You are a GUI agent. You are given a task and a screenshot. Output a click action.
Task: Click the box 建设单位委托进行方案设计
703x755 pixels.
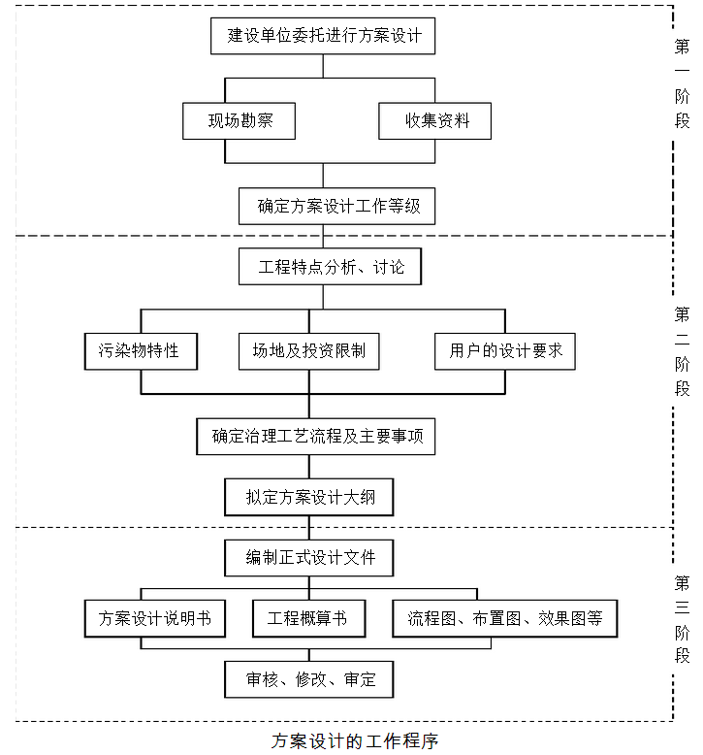point(323,36)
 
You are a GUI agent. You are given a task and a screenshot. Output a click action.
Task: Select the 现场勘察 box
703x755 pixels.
point(239,121)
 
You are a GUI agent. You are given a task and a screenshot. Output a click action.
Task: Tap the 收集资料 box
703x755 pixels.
point(434,121)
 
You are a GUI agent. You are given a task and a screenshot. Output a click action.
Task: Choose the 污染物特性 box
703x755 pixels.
point(141,350)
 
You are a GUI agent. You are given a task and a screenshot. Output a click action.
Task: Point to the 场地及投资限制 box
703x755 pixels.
point(308,350)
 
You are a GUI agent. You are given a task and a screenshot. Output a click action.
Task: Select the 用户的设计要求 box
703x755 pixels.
point(504,350)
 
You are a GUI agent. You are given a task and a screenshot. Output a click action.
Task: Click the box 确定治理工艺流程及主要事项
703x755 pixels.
point(317,436)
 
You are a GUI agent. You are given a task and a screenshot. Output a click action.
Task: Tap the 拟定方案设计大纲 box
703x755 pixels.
point(309,498)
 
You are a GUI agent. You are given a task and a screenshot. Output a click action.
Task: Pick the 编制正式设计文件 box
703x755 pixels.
point(309,558)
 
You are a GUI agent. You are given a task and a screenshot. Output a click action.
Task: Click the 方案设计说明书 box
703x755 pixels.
point(155,618)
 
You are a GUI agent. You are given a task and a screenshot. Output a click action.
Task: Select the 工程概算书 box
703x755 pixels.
point(308,618)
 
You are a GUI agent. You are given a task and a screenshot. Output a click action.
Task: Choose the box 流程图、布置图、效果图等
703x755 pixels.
point(504,618)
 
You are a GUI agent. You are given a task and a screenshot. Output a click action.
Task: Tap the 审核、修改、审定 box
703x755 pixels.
point(309,679)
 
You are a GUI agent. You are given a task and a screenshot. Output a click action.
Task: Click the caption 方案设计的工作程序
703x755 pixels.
point(355,741)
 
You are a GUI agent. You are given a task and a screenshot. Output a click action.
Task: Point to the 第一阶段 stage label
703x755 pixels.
point(683,83)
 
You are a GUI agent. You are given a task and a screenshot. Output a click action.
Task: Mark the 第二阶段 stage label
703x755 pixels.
point(683,351)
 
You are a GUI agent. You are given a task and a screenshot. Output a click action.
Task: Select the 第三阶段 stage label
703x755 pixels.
point(683,619)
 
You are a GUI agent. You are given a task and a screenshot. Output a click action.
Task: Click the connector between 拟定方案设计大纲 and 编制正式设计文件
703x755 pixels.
point(309,527)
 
